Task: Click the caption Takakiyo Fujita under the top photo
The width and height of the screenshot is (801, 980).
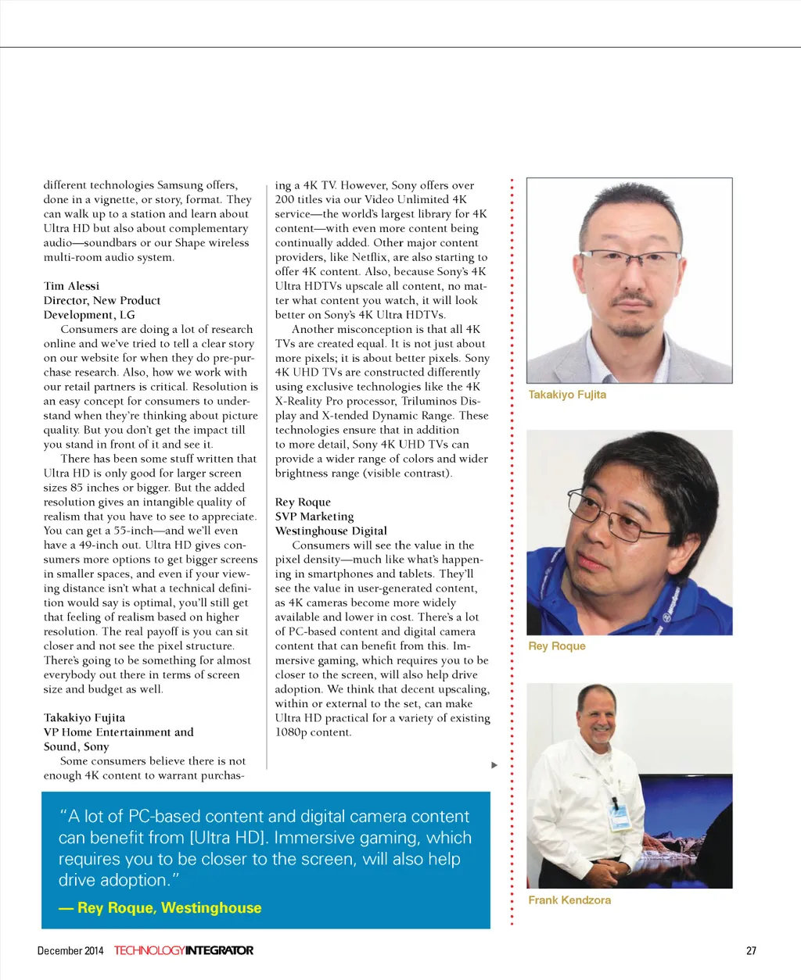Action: tap(567, 395)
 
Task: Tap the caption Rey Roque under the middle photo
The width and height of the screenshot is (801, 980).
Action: tap(557, 646)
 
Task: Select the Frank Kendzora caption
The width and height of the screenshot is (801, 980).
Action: tap(569, 900)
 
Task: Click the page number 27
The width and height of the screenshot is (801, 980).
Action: tap(751, 951)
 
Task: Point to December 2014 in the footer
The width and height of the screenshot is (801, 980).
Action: tap(70, 951)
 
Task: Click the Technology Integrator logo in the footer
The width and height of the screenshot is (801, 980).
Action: tap(184, 951)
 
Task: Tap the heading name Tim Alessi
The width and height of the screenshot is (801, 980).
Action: tap(71, 286)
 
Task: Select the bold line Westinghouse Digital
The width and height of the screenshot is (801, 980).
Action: tap(331, 531)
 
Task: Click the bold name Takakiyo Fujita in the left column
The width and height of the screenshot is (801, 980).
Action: tap(84, 718)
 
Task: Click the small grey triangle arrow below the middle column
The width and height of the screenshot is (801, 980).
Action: tap(494, 765)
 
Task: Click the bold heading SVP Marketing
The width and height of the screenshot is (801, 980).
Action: tap(314, 517)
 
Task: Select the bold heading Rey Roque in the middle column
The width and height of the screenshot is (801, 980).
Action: tap(303, 503)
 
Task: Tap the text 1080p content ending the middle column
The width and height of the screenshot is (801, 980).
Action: tap(314, 733)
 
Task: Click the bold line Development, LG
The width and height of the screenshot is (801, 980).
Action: tap(89, 315)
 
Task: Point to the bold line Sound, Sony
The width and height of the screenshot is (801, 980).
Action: tap(77, 747)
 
